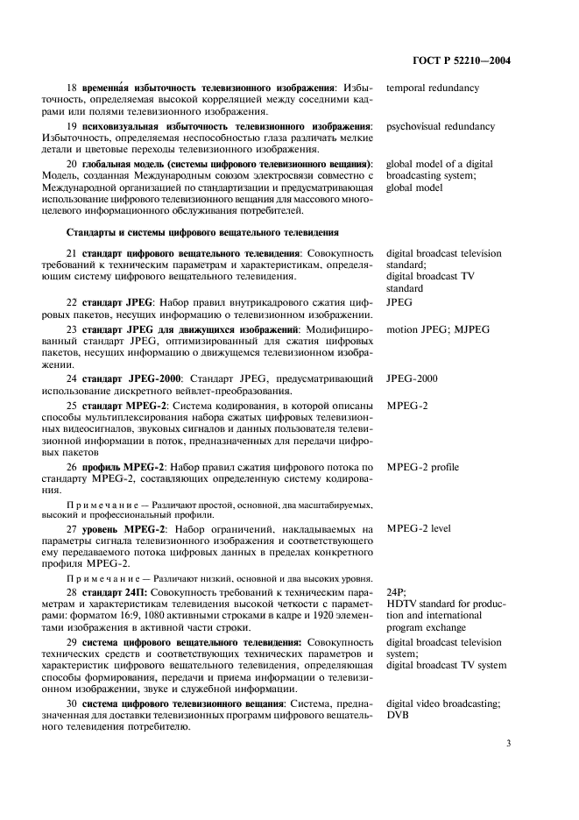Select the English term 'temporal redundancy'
click(x=433, y=88)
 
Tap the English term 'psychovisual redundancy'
click(x=441, y=126)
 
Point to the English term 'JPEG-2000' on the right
click(x=413, y=378)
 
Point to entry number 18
click(x=73, y=88)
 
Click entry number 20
click(x=73, y=164)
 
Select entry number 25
click(x=73, y=405)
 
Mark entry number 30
click(x=73, y=704)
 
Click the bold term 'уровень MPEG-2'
click(x=118, y=529)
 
